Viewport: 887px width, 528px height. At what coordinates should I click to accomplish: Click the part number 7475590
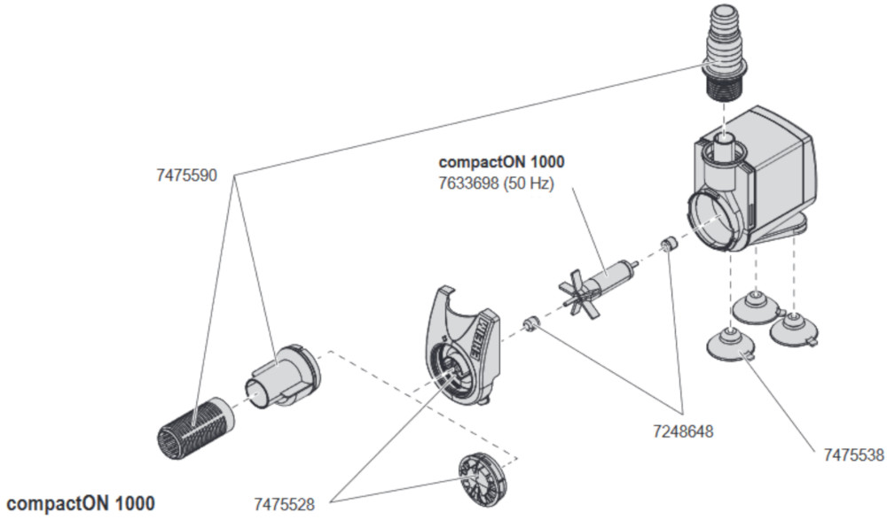pos(186,175)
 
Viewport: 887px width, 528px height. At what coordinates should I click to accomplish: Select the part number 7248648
pos(683,431)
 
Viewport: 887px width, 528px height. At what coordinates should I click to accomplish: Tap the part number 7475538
pos(853,454)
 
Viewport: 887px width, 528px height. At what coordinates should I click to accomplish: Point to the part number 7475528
pos(284,504)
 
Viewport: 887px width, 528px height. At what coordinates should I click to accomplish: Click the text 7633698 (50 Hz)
pos(496,183)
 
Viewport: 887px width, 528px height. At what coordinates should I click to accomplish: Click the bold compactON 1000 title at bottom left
pos(81,503)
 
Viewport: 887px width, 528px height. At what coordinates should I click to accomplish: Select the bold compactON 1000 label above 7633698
pos(501,162)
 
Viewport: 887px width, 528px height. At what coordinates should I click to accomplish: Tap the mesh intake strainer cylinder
pos(195,426)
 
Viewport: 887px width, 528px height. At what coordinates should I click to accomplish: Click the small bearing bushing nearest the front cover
pos(531,325)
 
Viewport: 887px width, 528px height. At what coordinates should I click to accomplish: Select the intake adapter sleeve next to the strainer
pos(282,377)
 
